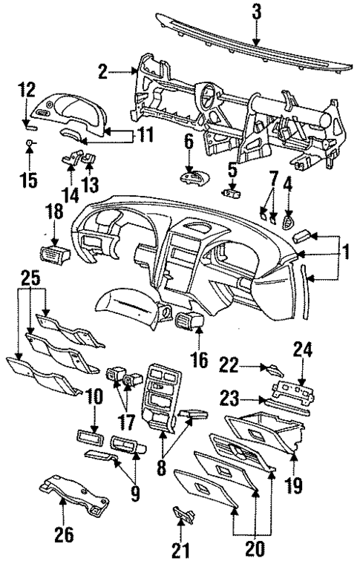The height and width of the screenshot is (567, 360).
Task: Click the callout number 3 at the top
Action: click(x=255, y=13)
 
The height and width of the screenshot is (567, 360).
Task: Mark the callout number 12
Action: click(x=27, y=91)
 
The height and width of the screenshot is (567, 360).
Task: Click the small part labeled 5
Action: click(x=232, y=194)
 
